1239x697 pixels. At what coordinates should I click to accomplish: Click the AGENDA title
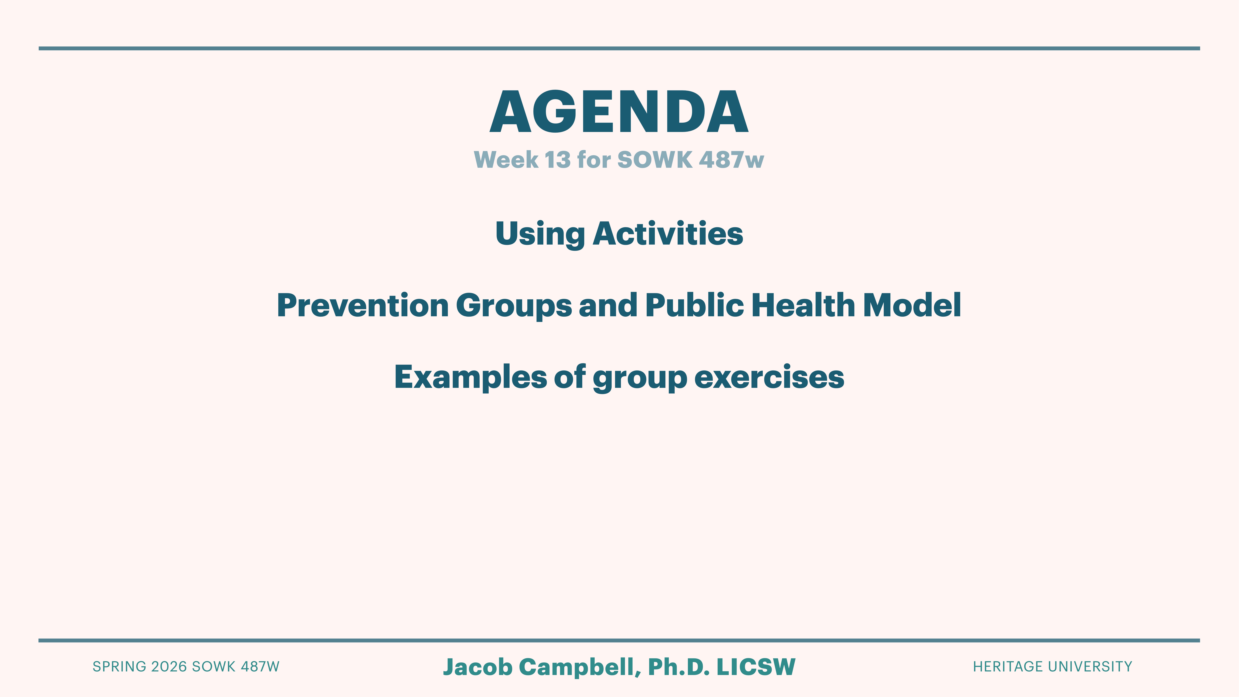(619, 112)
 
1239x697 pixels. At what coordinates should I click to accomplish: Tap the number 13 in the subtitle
(557, 160)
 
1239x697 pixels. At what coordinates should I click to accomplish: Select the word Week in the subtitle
(506, 160)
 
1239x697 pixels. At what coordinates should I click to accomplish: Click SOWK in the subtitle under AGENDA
(655, 160)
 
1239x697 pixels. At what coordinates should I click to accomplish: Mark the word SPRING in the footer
(119, 667)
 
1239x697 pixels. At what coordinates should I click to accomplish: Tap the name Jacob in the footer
(478, 667)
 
